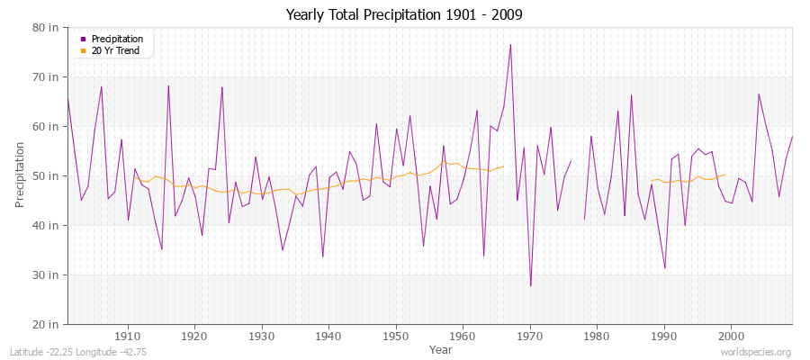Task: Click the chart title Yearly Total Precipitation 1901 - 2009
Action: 404,14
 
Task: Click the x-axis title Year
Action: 441,348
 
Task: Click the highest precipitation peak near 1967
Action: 510,44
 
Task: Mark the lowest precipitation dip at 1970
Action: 530,285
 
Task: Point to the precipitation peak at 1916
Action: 168,85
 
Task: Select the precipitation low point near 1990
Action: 664,268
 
